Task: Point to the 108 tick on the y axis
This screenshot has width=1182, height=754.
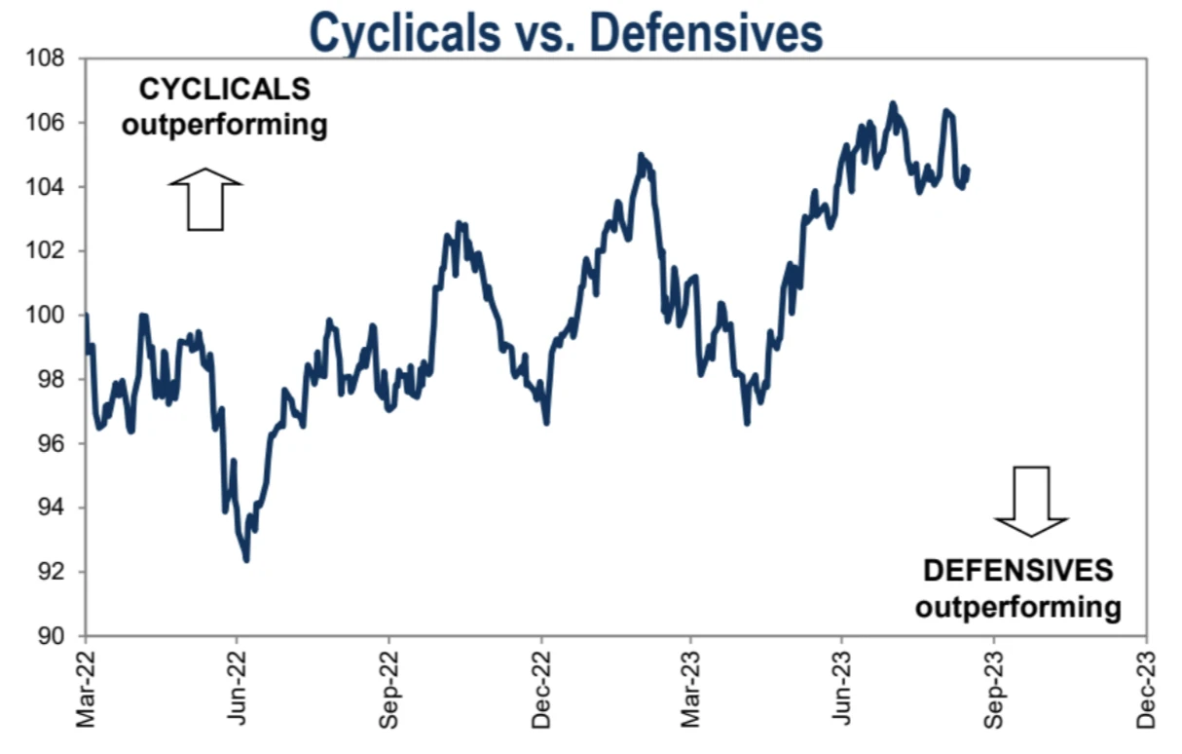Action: coord(51,58)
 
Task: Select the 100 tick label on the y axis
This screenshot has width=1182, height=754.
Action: coord(51,316)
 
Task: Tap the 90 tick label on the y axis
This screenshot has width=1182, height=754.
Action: coord(55,636)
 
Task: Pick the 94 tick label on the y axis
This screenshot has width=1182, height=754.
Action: coord(55,508)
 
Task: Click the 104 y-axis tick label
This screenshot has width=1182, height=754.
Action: coord(51,187)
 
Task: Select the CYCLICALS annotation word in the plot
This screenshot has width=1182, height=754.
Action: coord(225,89)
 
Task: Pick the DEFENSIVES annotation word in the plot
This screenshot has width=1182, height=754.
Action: coord(1017,570)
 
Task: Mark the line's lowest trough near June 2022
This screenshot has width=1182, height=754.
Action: coord(246,560)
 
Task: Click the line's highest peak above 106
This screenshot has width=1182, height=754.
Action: coord(892,103)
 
